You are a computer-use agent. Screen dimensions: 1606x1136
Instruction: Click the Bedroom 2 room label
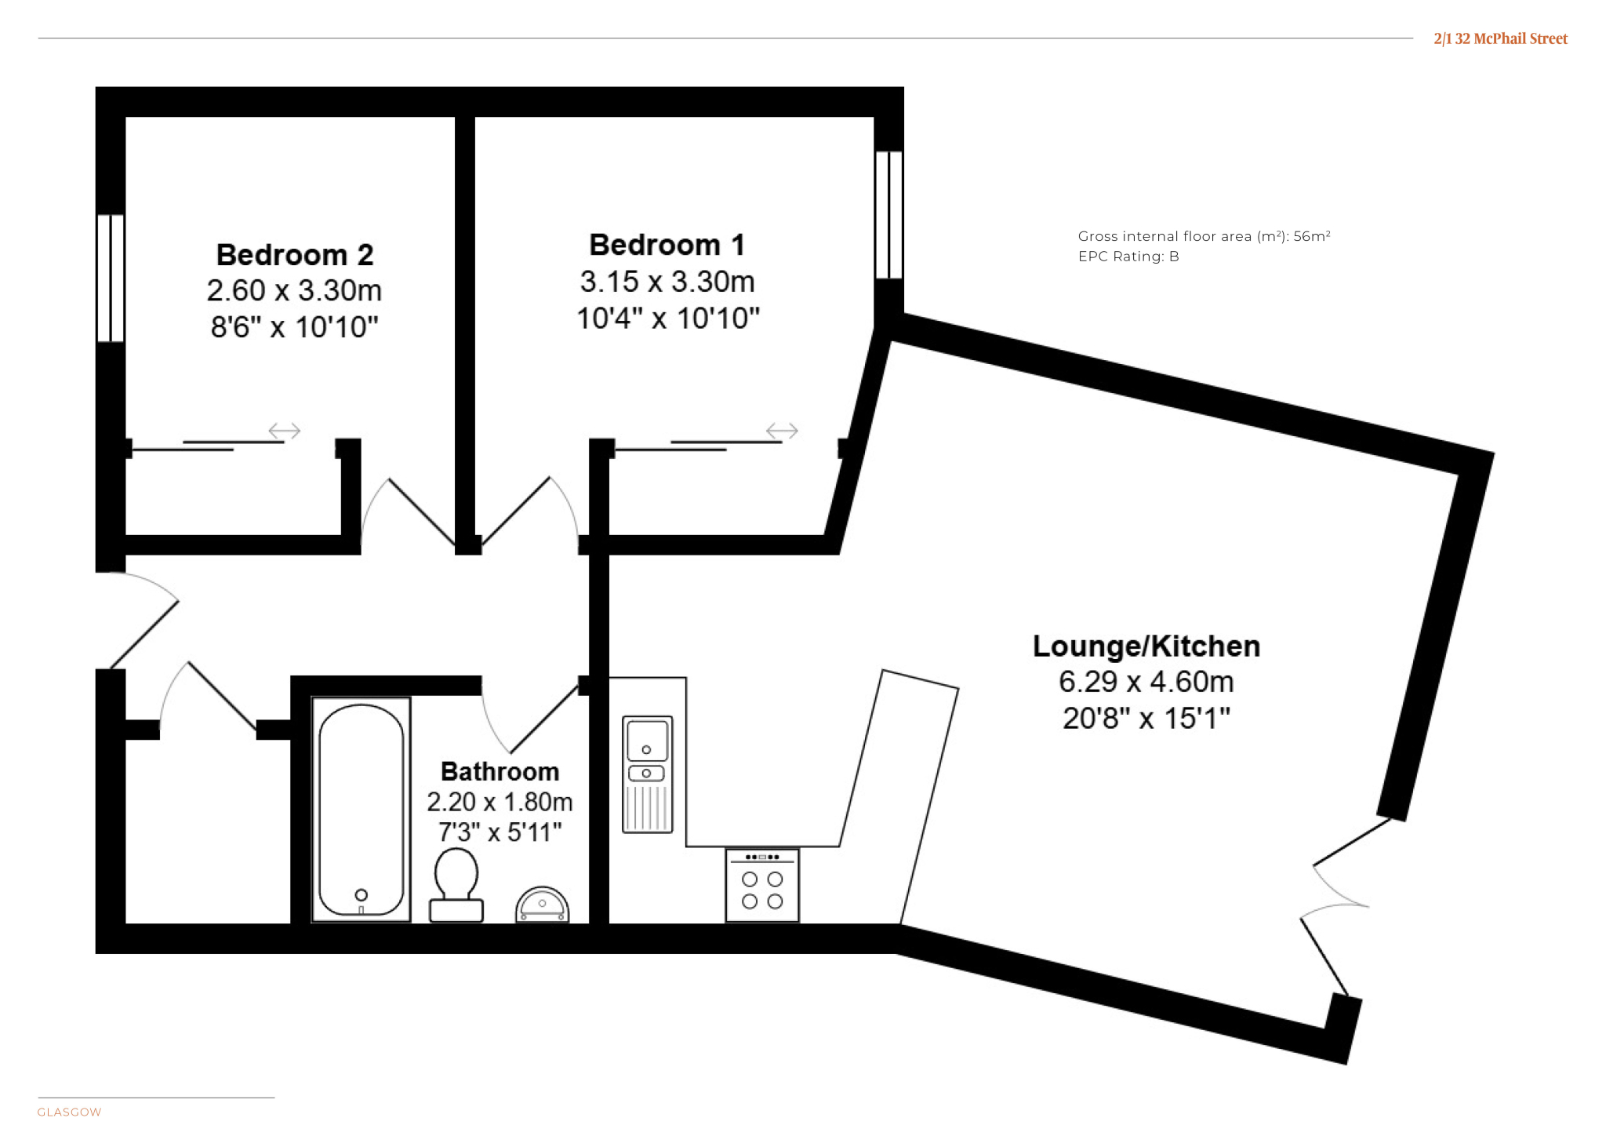295,255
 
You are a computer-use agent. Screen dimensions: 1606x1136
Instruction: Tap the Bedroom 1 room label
667,245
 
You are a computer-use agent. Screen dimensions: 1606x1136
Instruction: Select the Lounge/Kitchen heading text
1146,646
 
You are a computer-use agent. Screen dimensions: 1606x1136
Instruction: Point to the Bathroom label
500,771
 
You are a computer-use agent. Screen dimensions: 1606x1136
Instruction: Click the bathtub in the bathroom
362,809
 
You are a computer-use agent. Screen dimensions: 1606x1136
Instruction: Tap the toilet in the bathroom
456,884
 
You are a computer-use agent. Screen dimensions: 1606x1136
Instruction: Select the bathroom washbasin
542,905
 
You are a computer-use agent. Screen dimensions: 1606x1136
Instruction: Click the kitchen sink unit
648,774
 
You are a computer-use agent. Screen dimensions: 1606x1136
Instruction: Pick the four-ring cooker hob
762,885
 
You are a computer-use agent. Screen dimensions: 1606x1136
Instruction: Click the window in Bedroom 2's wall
111,278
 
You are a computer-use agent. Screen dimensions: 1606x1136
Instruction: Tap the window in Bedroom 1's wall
889,214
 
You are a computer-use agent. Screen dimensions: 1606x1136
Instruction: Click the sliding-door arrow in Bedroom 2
285,431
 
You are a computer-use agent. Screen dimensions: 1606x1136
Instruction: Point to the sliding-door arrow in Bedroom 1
782,431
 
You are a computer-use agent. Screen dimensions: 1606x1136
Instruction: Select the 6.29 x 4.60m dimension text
1146,682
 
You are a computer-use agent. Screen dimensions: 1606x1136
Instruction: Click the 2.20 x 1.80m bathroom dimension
500,802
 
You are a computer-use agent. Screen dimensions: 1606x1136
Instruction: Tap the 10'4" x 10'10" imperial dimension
668,319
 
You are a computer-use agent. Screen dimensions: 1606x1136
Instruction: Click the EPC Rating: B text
1128,257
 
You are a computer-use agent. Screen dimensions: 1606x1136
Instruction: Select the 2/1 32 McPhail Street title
1501,38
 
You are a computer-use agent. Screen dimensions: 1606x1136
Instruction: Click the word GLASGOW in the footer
70,1112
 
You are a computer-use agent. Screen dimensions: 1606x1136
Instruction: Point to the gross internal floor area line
1204,236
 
